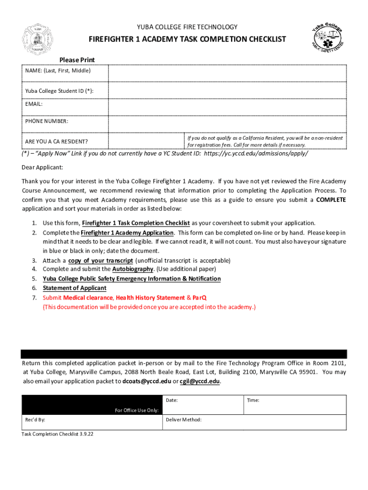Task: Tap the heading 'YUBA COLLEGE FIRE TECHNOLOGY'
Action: point(187,27)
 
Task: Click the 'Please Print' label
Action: point(77,60)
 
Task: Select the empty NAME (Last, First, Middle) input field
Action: point(227,73)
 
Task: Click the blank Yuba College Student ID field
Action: point(227,91)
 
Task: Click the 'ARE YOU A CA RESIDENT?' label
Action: point(56,142)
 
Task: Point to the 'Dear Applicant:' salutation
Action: point(43,167)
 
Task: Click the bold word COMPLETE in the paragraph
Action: point(331,200)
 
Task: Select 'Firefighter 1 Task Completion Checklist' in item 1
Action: point(136,223)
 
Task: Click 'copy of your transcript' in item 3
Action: point(100,260)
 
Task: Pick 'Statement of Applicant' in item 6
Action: point(75,288)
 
